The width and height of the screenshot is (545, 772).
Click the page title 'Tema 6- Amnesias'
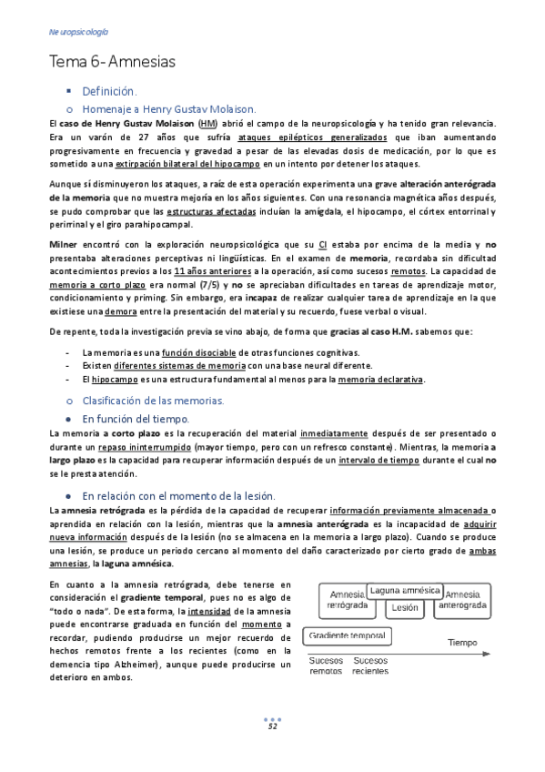112,62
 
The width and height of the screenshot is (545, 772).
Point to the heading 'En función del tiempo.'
135,418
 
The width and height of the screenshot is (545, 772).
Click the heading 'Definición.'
108,91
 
